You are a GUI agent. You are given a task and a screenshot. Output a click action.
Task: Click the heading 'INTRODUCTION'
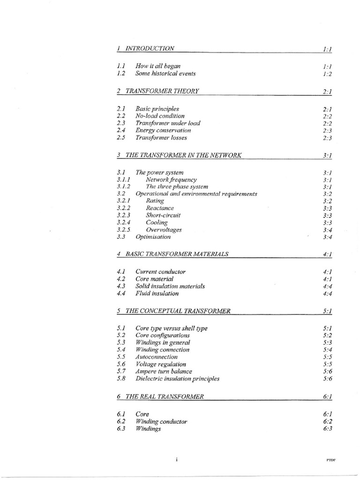pos(150,48)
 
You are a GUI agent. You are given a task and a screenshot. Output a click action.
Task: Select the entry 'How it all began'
pos(158,66)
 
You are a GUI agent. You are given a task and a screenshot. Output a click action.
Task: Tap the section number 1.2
pos(121,74)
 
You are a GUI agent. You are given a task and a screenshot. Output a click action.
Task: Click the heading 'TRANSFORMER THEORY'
pos(162,91)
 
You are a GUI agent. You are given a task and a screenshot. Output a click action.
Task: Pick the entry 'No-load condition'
pos(160,116)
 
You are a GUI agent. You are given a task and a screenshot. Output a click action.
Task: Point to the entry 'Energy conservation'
pos(163,130)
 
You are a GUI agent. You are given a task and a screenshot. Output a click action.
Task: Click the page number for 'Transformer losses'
pos(327,138)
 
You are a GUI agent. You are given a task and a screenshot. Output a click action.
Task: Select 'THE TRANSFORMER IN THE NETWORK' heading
pos(184,155)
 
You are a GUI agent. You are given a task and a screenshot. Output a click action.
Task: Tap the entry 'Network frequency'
pos(171,180)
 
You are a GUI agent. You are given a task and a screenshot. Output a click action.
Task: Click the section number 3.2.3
pos(123,215)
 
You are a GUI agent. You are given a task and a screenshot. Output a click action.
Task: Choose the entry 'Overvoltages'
pos(164,230)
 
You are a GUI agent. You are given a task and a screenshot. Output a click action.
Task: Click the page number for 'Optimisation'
pos(327,237)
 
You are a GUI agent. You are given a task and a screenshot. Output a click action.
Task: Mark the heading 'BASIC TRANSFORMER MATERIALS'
pos(177,254)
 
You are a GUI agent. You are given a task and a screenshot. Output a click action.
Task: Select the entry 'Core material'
pos(154,279)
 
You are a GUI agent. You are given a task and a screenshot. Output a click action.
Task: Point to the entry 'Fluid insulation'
pos(157,293)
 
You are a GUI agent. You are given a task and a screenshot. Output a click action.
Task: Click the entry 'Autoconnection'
pos(157,357)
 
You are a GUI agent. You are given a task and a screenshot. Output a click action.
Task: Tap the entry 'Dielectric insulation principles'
pos(177,378)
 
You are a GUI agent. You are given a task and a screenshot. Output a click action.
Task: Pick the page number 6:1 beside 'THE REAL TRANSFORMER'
pos(327,397)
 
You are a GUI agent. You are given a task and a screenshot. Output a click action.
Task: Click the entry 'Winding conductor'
pos(161,421)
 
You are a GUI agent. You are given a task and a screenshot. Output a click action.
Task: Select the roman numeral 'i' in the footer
pos(176,460)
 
